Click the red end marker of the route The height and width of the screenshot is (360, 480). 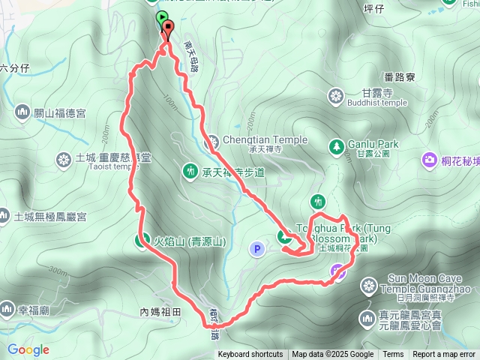[x=167, y=31]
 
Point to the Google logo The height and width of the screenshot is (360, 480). [x=28, y=349]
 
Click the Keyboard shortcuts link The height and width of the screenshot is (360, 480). [x=250, y=355]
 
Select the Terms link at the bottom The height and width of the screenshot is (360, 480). [x=393, y=355]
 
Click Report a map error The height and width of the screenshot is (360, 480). [x=444, y=355]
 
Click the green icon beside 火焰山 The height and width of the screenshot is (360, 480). [x=141, y=241]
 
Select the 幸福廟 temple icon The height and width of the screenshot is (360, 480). [x=7, y=309]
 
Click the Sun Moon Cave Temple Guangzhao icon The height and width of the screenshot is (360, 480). [x=368, y=285]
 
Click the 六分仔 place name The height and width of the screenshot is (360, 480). [x=14, y=67]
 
